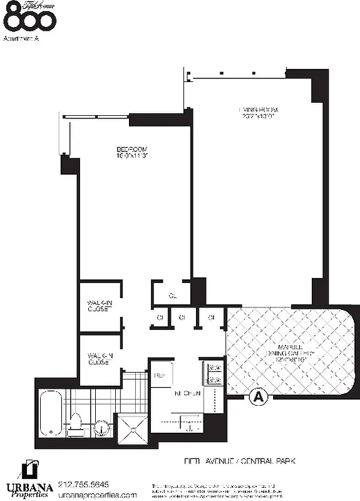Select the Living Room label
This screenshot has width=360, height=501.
click(257, 110)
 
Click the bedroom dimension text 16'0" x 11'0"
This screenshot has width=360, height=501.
click(131, 156)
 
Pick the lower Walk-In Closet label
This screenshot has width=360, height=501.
click(100, 359)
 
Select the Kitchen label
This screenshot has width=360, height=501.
click(187, 393)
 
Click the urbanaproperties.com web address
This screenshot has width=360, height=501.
click(97, 495)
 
